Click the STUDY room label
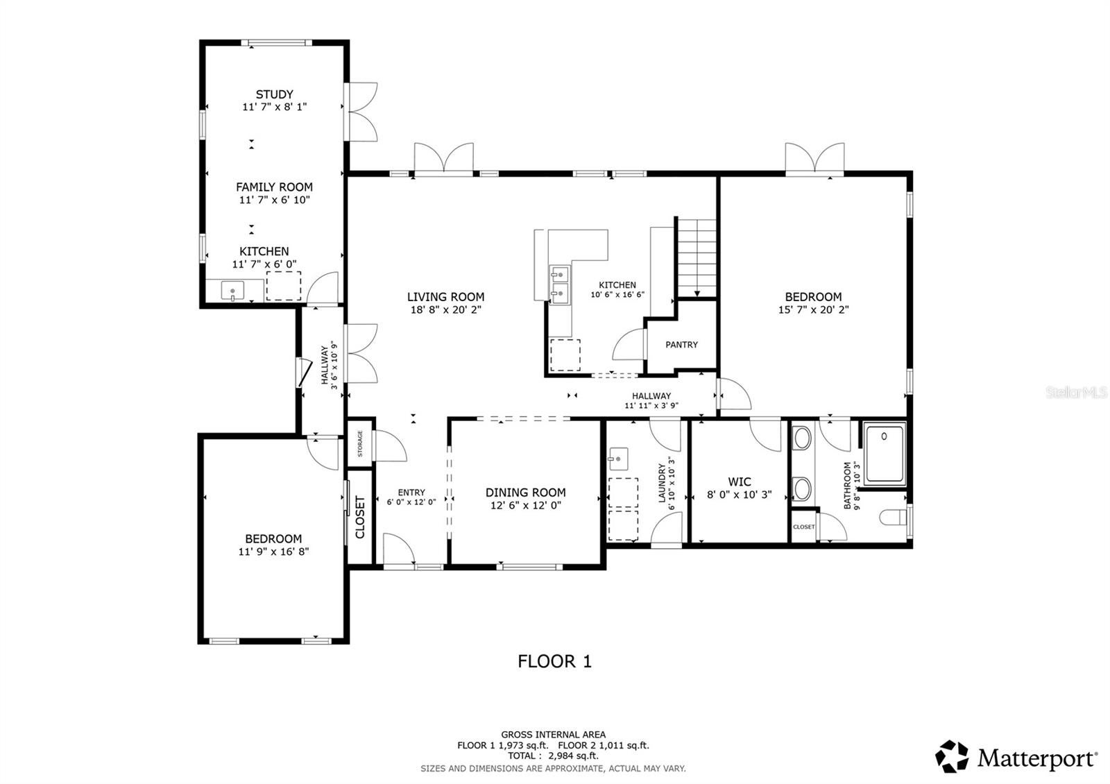(x=274, y=94)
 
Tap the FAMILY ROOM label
(x=274, y=187)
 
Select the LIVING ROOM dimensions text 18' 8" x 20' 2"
(x=445, y=310)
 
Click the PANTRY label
(x=681, y=345)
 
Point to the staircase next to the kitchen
(x=697, y=257)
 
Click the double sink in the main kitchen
(x=559, y=284)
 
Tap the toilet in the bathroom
(x=894, y=518)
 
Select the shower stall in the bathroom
(x=885, y=454)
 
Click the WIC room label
(x=739, y=482)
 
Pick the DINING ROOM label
(x=525, y=493)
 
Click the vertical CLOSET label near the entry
(x=360, y=517)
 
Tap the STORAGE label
(x=360, y=443)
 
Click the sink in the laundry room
(x=617, y=459)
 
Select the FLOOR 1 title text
(x=554, y=661)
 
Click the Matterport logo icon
(x=952, y=757)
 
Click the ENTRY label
(x=411, y=493)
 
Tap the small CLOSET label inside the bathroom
(x=803, y=527)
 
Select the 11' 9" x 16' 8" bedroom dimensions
(x=273, y=552)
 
